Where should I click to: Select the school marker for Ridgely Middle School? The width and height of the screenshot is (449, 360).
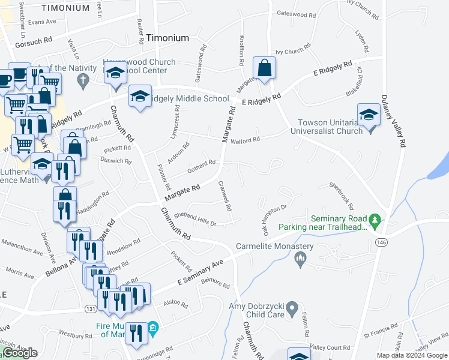(x=140, y=96)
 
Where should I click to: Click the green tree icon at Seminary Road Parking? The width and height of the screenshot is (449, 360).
(x=376, y=221)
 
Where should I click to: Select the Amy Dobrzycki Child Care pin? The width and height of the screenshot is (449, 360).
(x=292, y=309)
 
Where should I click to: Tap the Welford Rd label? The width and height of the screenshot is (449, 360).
(x=248, y=140)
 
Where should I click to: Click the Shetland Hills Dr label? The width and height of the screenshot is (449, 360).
(x=194, y=218)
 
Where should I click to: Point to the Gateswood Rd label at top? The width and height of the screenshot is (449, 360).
(x=295, y=13)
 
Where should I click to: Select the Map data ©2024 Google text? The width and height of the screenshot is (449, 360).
(x=411, y=355)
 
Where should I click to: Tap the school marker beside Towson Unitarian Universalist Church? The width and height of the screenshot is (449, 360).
(x=368, y=115)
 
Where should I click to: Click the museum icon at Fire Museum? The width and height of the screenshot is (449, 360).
(x=152, y=327)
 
